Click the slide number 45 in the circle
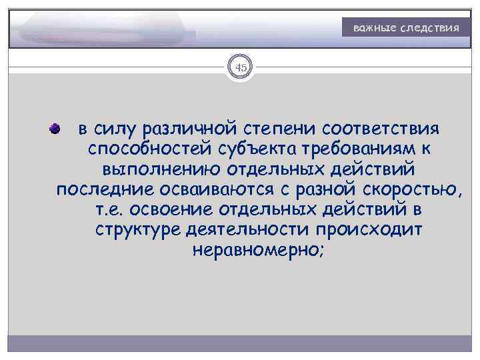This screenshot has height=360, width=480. tap(240, 67)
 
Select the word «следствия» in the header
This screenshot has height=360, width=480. tap(429, 29)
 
